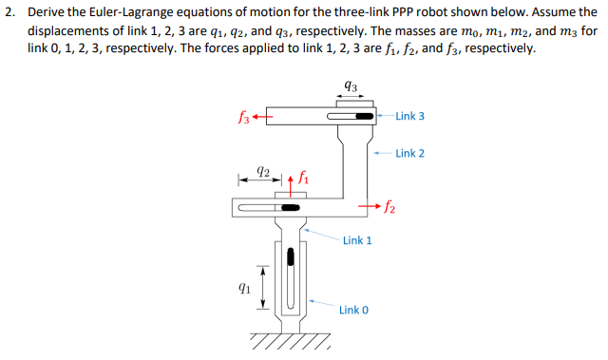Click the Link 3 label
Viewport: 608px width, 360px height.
[x=409, y=116]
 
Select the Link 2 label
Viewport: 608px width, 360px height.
[x=409, y=153]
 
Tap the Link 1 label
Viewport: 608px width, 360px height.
[x=357, y=240]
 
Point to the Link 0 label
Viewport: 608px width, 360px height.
[x=353, y=311]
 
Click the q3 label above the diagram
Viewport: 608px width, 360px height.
[x=351, y=86]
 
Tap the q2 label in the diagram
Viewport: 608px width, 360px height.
[x=267, y=174]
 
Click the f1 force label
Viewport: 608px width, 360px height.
[x=303, y=175]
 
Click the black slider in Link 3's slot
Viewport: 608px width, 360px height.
[x=364, y=117]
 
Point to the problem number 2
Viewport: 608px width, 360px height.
[x=8, y=11]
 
